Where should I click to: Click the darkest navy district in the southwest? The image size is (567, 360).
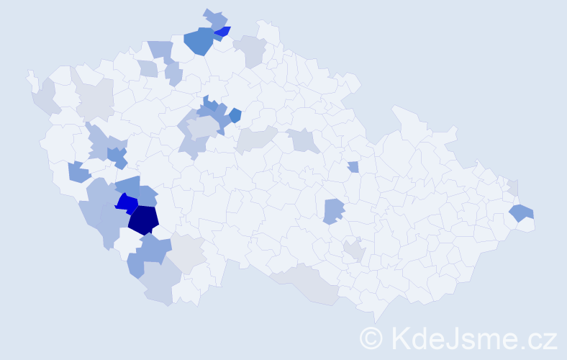(143, 220)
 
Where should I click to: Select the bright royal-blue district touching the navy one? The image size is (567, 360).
(127, 203)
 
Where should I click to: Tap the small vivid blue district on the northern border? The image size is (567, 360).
(222, 32)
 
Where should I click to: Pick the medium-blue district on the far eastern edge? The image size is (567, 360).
(522, 212)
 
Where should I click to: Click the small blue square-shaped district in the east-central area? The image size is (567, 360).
(353, 167)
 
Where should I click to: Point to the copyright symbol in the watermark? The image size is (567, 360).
(372, 337)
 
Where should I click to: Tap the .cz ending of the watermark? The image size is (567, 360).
(537, 337)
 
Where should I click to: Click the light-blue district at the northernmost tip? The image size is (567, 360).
(215, 19)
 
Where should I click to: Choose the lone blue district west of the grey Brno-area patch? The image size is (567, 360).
(332, 211)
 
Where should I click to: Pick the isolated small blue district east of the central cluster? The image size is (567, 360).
(235, 115)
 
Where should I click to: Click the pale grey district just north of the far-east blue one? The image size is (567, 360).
(513, 186)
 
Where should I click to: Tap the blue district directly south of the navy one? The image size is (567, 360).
(153, 250)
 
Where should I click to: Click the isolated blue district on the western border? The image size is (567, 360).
(78, 172)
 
